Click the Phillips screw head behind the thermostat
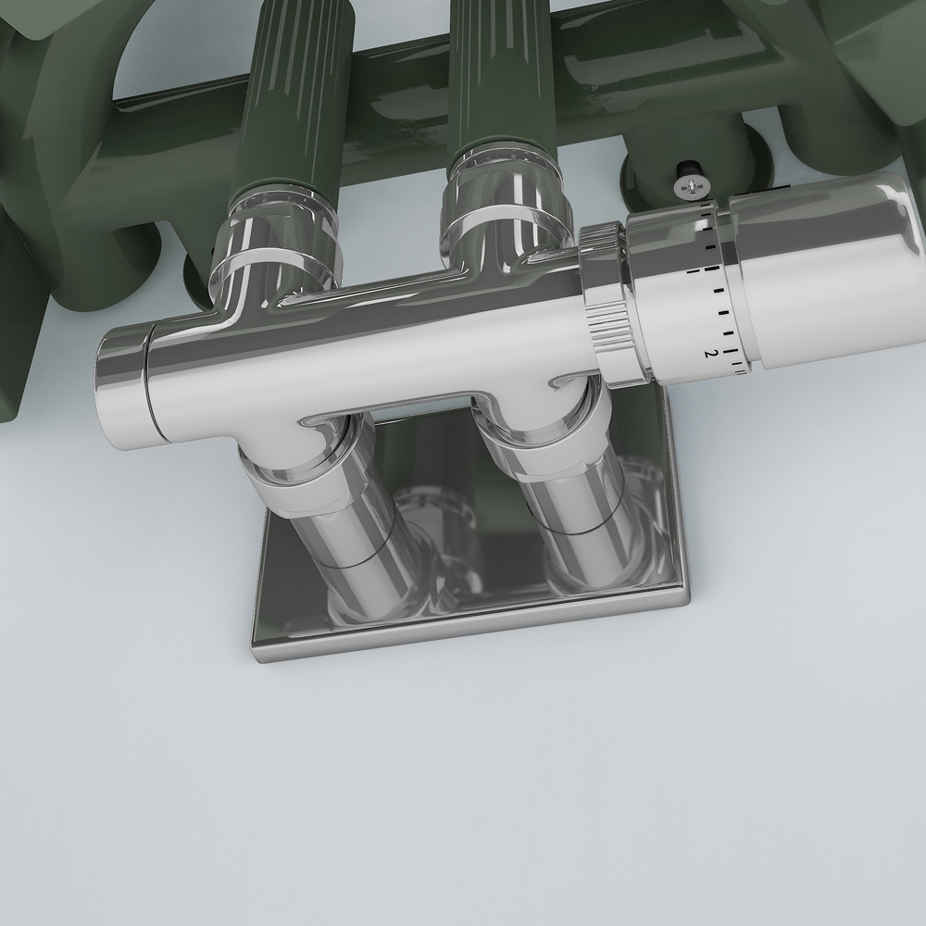688,188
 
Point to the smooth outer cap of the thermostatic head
833,269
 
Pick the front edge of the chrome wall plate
472,630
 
